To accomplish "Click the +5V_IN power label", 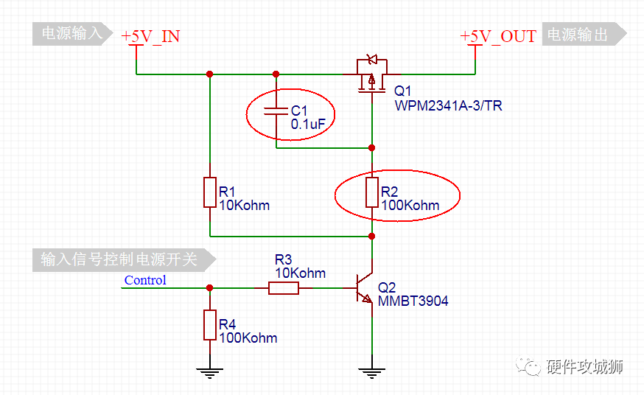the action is [150, 36].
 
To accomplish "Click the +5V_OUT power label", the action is [498, 36].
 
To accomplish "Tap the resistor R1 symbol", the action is [210, 192].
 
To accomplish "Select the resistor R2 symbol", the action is [372, 192].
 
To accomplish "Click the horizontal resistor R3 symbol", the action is [284, 288].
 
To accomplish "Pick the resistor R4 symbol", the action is [210, 325].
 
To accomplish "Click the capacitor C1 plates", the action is [276, 111].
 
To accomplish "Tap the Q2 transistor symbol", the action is [364, 288].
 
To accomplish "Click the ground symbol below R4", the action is [210, 372].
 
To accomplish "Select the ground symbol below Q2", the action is [372, 372].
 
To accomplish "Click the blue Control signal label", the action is [145, 280].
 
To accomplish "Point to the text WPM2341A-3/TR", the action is [448, 105].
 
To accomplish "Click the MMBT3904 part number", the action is [413, 301].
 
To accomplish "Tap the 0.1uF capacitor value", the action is [308, 124].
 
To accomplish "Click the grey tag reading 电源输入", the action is [72, 34].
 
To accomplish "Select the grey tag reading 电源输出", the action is [584, 34].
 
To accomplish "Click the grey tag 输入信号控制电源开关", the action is [124, 260].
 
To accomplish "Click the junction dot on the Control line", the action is [210, 288].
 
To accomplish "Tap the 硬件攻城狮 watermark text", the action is [584, 366].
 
